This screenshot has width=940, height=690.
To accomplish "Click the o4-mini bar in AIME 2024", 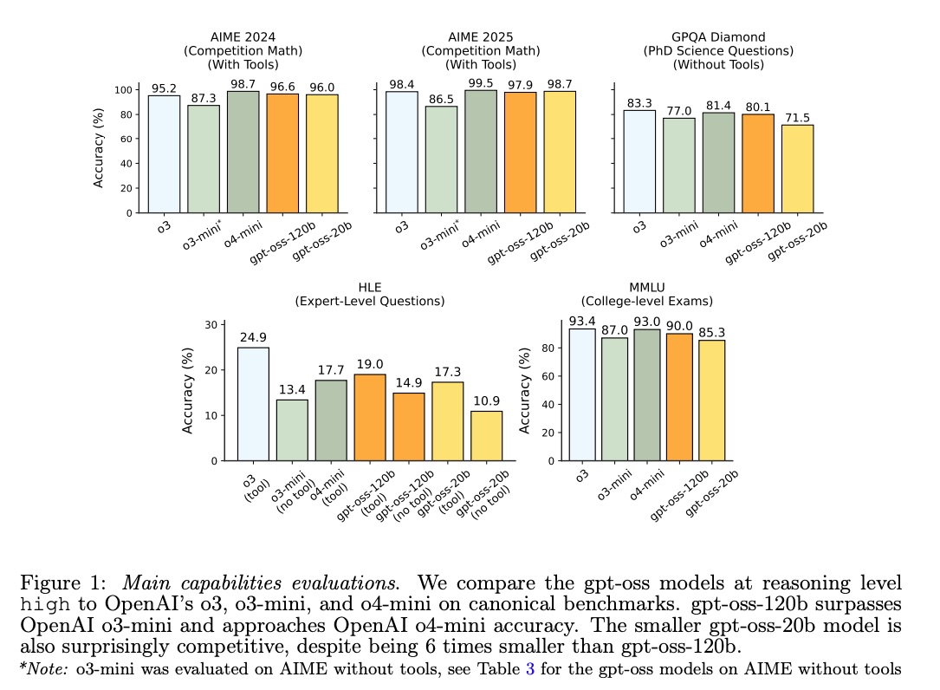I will point(243,152).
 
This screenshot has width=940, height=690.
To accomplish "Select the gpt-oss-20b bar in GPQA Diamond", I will point(797,168).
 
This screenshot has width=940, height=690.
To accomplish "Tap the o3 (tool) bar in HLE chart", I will point(253,403).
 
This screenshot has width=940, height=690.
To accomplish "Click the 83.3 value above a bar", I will point(639,103).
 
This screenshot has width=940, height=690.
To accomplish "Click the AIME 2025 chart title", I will point(480,50).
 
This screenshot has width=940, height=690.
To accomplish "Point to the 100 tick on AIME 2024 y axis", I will point(124,89).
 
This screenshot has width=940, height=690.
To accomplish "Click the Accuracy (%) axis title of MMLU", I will point(525,393).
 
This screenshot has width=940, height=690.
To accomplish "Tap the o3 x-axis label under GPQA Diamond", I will point(639,228).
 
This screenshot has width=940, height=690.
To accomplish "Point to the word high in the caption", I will point(43,604).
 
